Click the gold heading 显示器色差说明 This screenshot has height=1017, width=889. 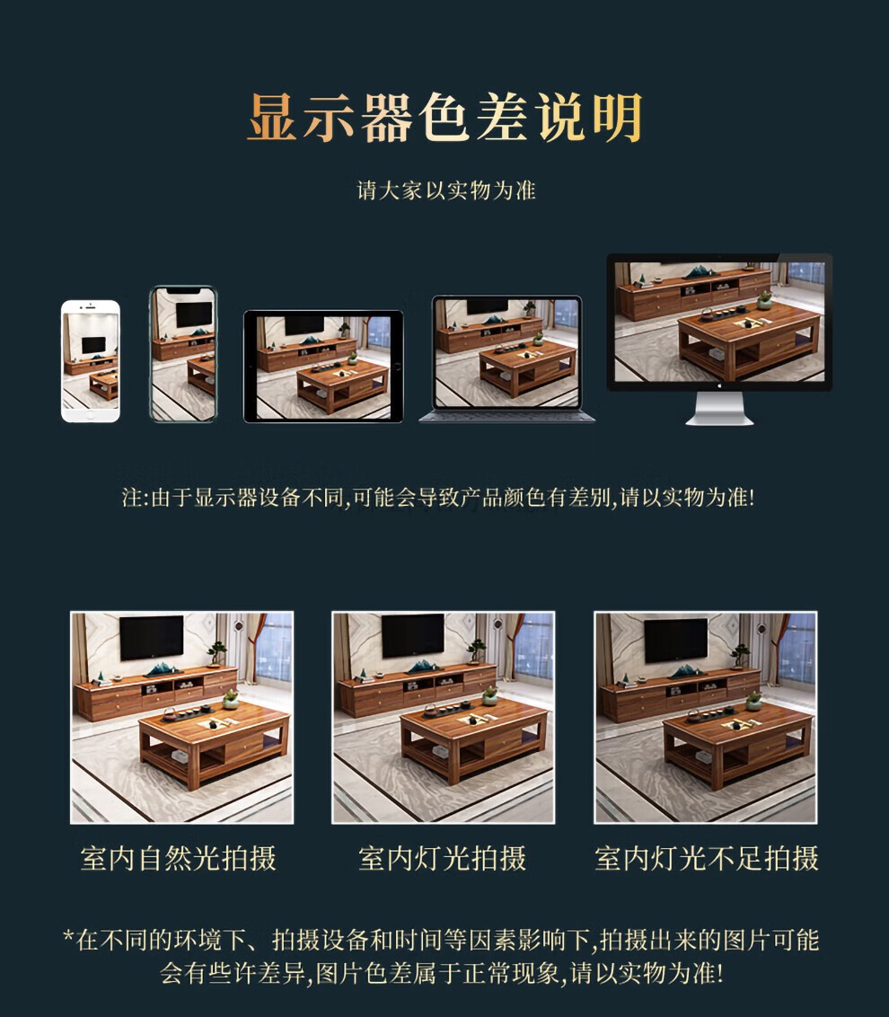click(444, 118)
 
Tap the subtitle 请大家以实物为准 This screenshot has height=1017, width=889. click(446, 190)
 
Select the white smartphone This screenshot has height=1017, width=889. click(91, 361)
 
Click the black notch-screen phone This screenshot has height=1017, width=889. click(183, 354)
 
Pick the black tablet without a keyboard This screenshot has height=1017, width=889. click(323, 367)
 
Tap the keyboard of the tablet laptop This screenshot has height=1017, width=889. click(507, 416)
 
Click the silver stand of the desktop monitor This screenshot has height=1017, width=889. click(720, 409)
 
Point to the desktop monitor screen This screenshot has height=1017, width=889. click(720, 322)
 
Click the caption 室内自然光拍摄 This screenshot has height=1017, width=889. click(179, 858)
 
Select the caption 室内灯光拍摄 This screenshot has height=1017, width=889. click(442, 858)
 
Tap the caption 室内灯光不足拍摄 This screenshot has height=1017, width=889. click(706, 858)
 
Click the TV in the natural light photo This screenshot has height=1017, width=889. click(152, 638)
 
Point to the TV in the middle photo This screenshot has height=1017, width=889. click(413, 636)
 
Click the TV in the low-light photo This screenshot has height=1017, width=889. click(675, 641)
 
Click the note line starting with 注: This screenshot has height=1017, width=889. click(438, 498)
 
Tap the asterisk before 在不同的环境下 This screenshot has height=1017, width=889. click(68, 936)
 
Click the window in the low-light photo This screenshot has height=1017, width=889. click(797, 649)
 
